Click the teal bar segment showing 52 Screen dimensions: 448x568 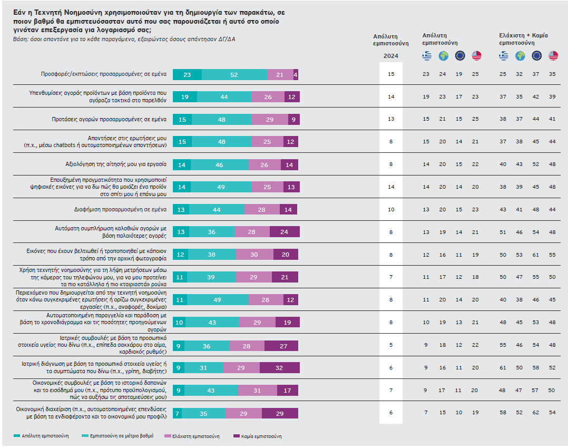tap(234, 75)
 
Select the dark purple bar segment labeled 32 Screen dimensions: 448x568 tap(279, 367)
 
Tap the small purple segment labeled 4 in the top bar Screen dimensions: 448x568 tap(296, 75)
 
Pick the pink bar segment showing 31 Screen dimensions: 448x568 tap(258, 390)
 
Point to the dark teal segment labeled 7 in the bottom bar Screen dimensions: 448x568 tap(177, 413)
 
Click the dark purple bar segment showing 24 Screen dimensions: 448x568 tap(285, 232)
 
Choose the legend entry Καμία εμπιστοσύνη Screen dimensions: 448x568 tap(260, 436)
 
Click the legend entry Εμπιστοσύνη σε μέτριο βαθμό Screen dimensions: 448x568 tap(120, 436)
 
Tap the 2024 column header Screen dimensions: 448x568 tap(390, 56)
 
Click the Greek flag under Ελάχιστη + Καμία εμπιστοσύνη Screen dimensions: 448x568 tap(504, 55)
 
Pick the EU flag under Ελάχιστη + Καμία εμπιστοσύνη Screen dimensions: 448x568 tap(537, 55)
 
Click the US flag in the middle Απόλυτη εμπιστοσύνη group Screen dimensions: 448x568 tap(476, 55)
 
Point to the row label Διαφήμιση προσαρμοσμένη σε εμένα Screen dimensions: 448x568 tap(121, 209)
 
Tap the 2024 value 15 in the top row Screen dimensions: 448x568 tap(391, 74)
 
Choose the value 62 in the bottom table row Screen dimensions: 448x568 tap(537, 412)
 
